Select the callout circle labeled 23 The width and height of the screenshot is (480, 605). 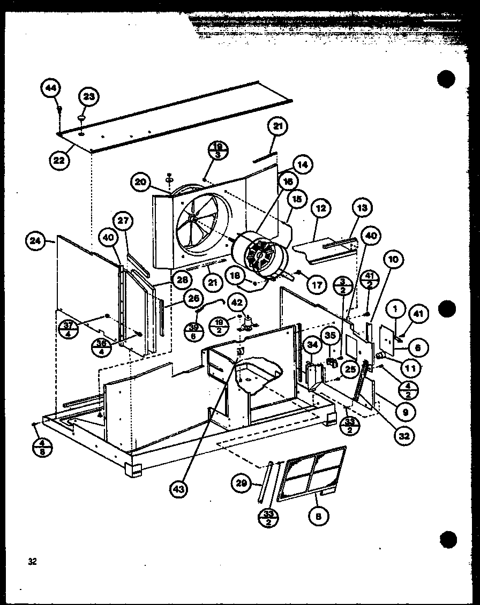click(x=89, y=97)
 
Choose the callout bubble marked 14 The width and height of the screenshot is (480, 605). click(x=303, y=165)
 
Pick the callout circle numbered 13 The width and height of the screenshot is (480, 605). click(x=362, y=208)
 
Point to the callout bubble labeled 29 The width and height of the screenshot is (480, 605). click(x=242, y=483)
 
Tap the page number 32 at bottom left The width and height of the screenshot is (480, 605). click(x=33, y=562)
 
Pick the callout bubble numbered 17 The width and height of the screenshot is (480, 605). click(x=317, y=285)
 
